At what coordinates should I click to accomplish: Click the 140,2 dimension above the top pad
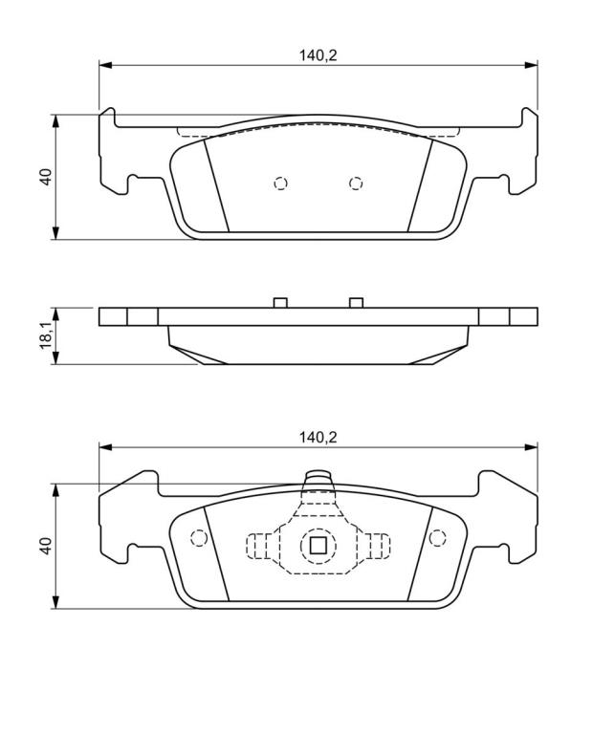pyautogui.click(x=318, y=55)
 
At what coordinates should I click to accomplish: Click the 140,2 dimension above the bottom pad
pyautogui.click(x=318, y=438)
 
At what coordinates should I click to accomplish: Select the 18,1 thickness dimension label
pyautogui.click(x=46, y=335)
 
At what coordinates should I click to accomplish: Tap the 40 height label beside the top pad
pyautogui.click(x=46, y=177)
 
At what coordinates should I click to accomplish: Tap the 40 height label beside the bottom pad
pyautogui.click(x=46, y=546)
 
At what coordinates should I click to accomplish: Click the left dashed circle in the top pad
pyautogui.click(x=280, y=183)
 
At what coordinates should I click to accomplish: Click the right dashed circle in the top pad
pyautogui.click(x=356, y=183)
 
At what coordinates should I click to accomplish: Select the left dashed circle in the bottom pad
pyautogui.click(x=199, y=538)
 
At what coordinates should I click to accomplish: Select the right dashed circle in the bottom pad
pyautogui.click(x=437, y=538)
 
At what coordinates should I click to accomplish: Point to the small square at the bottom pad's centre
pyautogui.click(x=318, y=545)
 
